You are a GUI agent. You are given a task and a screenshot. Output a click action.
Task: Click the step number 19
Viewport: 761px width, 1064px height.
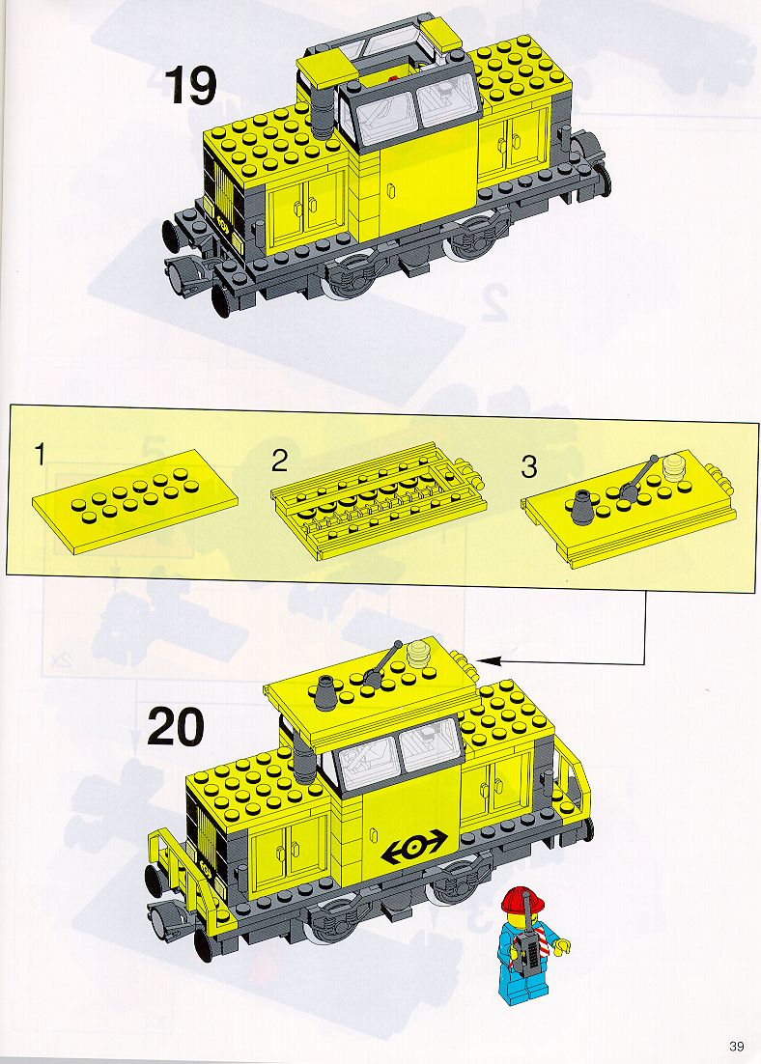(191, 86)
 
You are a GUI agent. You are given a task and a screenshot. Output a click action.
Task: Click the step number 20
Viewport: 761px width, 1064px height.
(175, 726)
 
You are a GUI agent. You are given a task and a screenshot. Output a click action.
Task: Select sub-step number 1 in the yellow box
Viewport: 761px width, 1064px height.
(41, 455)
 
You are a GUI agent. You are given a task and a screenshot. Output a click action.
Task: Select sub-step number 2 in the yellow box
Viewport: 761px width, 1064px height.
(279, 461)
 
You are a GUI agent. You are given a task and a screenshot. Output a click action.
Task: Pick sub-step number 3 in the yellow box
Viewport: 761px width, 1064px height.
(529, 466)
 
